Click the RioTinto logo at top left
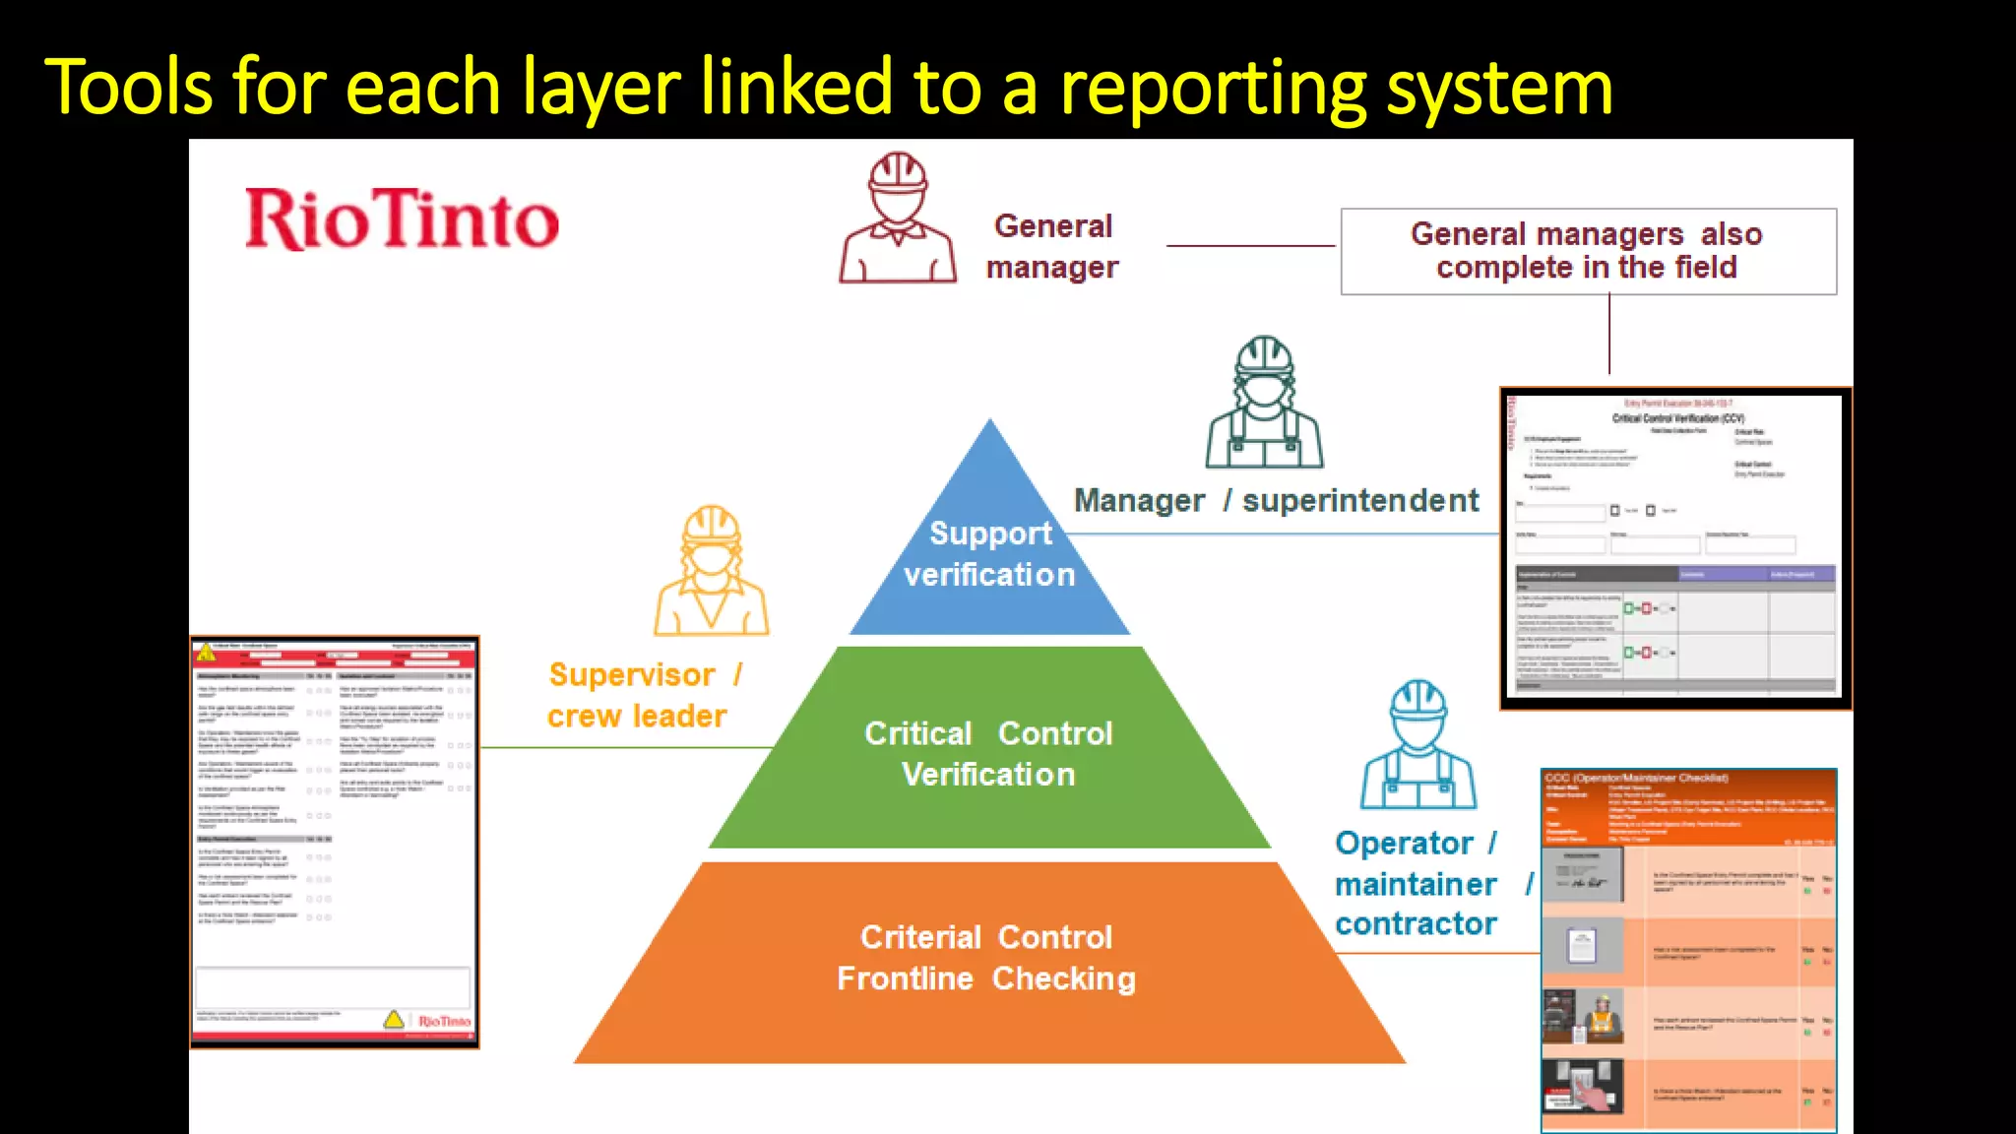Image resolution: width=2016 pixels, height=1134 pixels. point(402,219)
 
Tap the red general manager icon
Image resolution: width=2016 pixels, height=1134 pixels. point(897,219)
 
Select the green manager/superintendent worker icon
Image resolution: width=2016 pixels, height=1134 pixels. point(1265,404)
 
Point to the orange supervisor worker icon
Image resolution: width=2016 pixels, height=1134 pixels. point(712,571)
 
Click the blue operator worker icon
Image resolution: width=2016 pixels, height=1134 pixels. point(1418,744)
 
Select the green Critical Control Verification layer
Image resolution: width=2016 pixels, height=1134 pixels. point(989,753)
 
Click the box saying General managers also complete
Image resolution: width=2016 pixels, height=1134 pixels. point(1588,251)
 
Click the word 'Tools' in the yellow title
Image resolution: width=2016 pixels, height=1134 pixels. point(128,89)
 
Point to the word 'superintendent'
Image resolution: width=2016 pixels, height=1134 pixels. point(1360,501)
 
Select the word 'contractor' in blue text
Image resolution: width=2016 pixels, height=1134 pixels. point(1416,924)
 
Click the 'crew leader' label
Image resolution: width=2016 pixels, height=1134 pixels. point(637,717)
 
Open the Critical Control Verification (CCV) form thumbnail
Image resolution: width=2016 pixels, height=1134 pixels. point(1674,548)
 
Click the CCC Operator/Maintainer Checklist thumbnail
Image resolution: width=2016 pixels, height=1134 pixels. point(1688,950)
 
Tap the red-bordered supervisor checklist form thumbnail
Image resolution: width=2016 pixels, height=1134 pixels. point(334,842)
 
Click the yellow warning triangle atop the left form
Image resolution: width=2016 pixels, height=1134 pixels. point(206,652)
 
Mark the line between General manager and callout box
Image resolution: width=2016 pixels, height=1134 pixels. point(1250,246)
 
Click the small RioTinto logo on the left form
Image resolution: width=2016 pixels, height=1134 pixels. point(444,1021)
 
